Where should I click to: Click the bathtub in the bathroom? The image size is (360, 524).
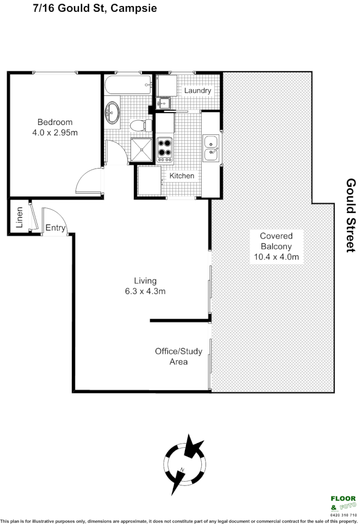tap(128, 84)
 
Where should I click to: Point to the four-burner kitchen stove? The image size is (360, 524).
tap(165, 149)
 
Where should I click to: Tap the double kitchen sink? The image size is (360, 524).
tap(211, 148)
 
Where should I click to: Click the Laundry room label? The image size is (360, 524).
tap(197, 91)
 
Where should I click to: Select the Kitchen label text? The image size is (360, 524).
tap(182, 176)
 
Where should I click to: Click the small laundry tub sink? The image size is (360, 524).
tap(164, 102)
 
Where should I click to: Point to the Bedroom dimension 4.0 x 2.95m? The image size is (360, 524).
tap(54, 132)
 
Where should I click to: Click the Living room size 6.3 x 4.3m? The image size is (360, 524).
tap(145, 291)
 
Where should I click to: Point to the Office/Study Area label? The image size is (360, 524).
tap(178, 356)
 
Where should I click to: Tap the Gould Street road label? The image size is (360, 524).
tap(350, 215)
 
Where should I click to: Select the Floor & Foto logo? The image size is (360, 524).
tap(343, 503)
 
